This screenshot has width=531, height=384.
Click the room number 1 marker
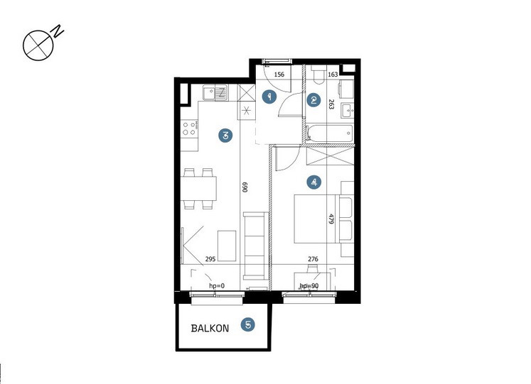269,97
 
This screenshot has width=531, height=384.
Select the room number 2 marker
313,100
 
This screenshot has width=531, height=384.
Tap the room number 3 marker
225,136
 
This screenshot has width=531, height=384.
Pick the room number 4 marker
314,182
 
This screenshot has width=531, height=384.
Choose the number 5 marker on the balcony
248,325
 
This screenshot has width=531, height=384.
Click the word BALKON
210,328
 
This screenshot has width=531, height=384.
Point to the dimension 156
279,75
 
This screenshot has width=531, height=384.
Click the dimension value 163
333,75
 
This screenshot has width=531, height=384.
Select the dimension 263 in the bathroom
331,104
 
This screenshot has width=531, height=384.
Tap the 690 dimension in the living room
245,187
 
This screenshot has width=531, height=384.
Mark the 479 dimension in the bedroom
331,219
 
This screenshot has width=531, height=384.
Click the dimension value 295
210,259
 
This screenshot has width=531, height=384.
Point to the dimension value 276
313,259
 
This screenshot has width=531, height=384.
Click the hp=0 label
217,286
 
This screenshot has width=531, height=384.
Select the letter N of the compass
58,31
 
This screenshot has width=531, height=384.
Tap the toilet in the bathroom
318,75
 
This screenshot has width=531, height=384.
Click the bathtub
329,133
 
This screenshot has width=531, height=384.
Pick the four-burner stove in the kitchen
189,128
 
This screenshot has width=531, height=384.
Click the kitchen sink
215,92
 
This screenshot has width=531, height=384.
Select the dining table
198,189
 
